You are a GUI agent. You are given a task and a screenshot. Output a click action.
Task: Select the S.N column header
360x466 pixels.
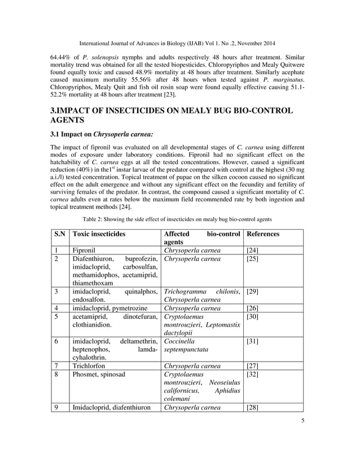click(x=59, y=234)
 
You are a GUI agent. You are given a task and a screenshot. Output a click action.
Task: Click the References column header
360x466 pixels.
click(x=263, y=234)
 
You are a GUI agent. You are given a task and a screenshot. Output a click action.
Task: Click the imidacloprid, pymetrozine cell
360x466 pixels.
click(x=108, y=308)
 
